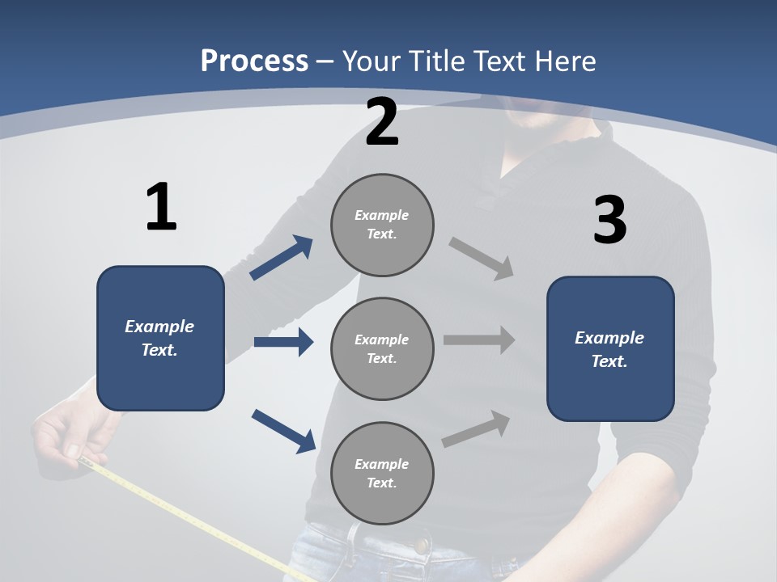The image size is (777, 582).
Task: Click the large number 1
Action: pyautogui.click(x=161, y=208)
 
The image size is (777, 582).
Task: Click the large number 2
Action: pyautogui.click(x=382, y=122)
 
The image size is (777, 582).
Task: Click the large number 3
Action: pyautogui.click(x=609, y=221)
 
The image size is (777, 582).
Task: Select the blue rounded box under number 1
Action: pyautogui.click(x=160, y=338)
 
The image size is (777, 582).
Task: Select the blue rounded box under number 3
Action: pyautogui.click(x=610, y=349)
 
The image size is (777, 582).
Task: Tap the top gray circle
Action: pyautogui.click(x=382, y=225)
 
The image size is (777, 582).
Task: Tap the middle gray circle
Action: pyautogui.click(x=382, y=349)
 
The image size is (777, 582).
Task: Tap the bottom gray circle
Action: pyautogui.click(x=382, y=474)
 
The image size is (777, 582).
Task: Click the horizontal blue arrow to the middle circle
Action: pyautogui.click(x=283, y=342)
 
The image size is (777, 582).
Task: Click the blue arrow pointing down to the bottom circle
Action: pyautogui.click(x=283, y=431)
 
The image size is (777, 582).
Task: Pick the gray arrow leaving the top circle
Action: pyautogui.click(x=482, y=259)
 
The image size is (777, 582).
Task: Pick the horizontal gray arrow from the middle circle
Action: pyautogui.click(x=479, y=340)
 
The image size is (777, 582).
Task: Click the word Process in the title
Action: pyautogui.click(x=254, y=61)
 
